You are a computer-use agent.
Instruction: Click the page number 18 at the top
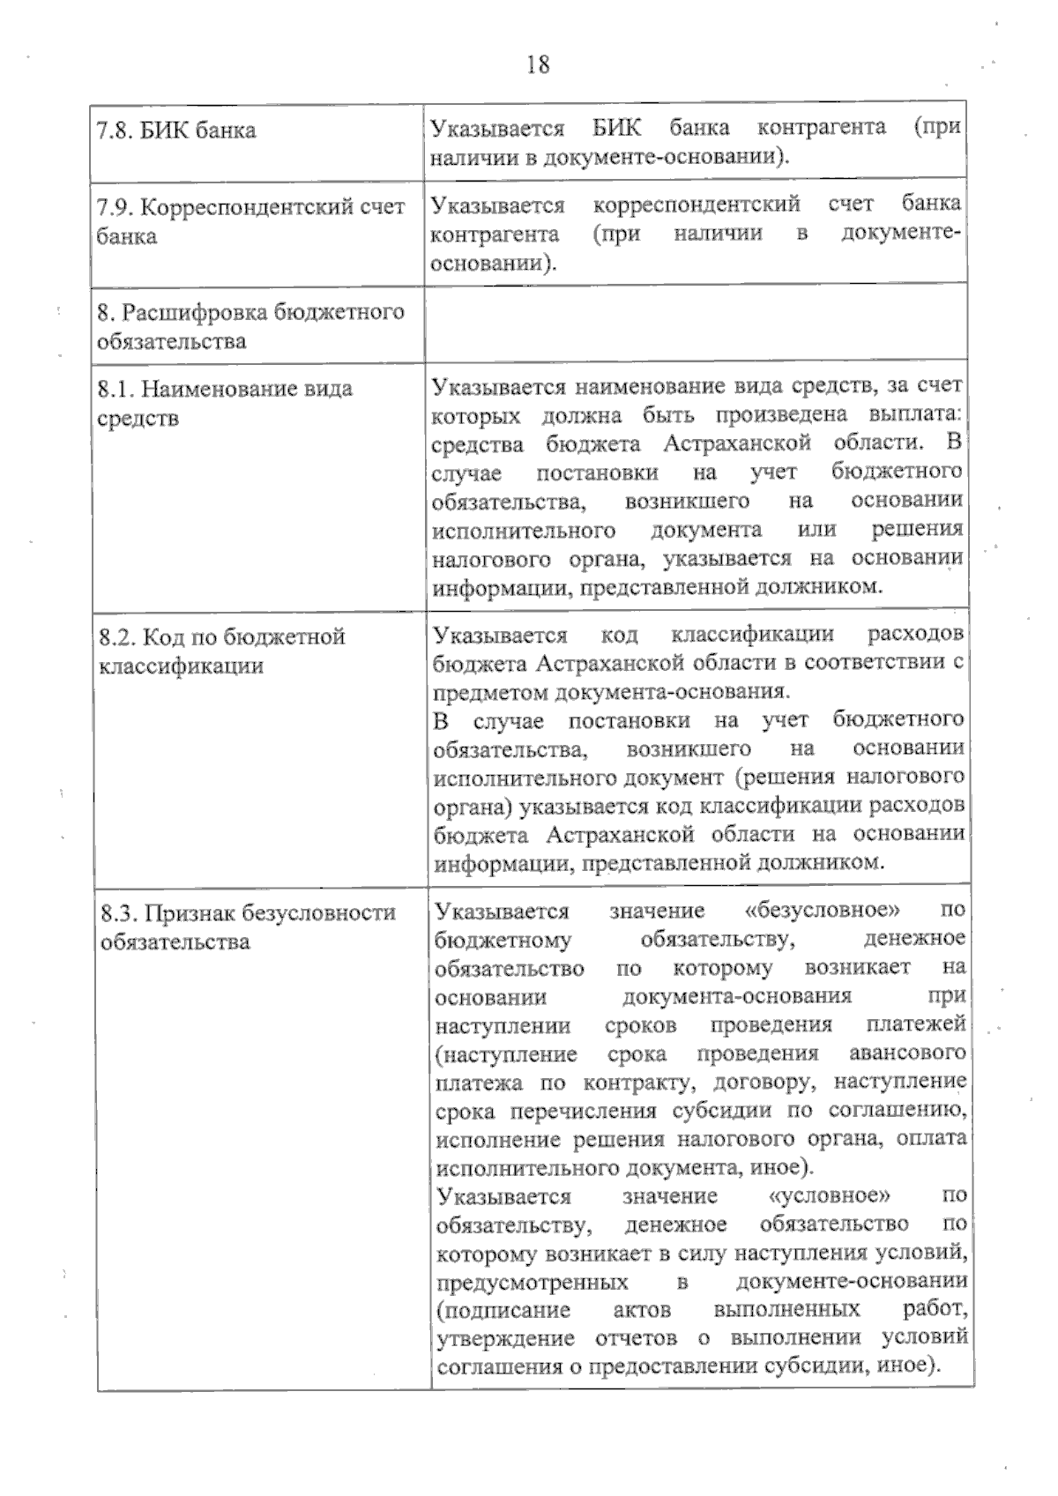538,64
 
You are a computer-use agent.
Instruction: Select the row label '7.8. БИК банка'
176,130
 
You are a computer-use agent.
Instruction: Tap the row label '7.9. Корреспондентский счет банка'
250,221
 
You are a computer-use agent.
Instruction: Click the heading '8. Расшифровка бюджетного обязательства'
250,326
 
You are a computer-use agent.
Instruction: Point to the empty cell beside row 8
695,323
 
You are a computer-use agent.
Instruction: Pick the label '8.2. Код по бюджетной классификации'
221,651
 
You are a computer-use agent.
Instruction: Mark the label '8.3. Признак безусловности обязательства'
248,927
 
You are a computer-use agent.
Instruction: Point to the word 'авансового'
906,1053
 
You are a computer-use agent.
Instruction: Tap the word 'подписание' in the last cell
503,1310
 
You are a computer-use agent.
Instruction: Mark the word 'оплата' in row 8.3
932,1139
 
